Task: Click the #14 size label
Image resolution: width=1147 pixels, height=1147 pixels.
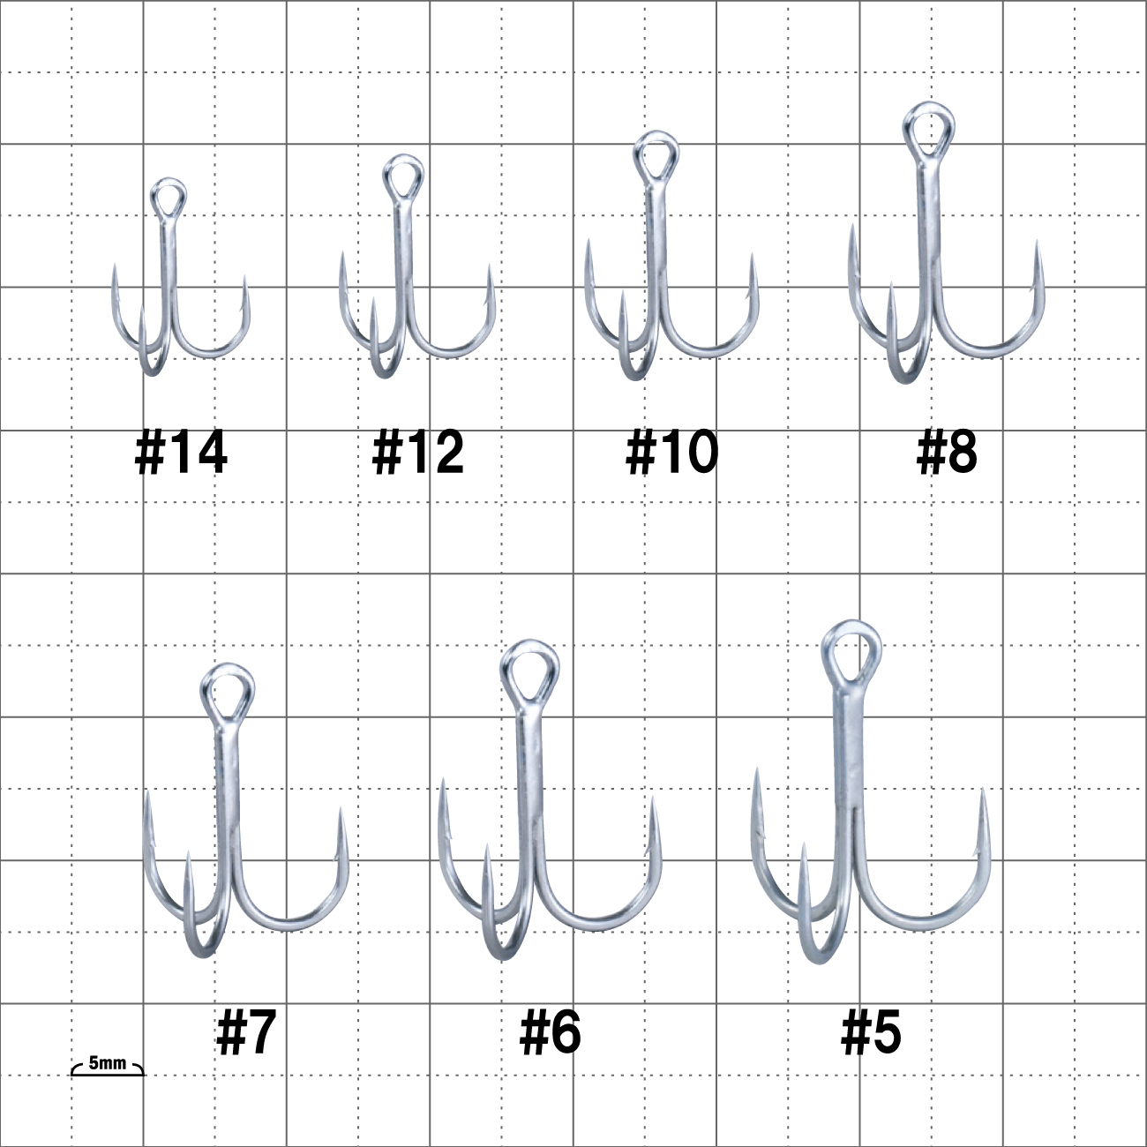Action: coord(181,453)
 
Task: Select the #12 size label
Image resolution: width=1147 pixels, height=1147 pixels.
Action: coord(418,453)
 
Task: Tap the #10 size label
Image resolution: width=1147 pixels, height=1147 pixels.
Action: coord(672,453)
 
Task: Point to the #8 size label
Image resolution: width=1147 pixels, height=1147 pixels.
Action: coord(947,453)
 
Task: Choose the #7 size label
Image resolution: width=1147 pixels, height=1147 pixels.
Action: coord(246,1031)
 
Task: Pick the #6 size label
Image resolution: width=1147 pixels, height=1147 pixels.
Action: coord(550,1031)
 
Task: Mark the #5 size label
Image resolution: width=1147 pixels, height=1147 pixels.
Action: coord(871,1031)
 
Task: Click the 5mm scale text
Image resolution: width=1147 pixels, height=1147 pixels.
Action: coord(107,1062)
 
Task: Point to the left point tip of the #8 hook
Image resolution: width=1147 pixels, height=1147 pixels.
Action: coord(852,225)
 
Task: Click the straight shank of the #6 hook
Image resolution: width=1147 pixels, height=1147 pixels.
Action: coord(529,791)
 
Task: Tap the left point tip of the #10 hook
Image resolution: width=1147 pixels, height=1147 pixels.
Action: coord(588,240)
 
